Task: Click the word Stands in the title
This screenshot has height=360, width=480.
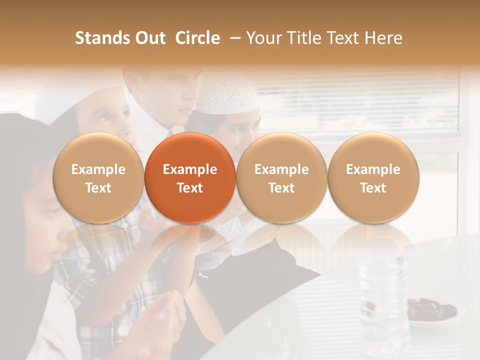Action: (99, 38)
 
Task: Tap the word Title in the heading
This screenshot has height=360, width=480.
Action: (301, 38)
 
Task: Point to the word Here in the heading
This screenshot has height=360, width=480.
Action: (383, 38)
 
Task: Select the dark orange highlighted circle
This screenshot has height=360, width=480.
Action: (190, 178)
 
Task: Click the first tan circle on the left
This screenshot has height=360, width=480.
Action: (98, 178)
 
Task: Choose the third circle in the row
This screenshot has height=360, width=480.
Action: (281, 178)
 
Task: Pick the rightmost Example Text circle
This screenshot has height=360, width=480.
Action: (373, 178)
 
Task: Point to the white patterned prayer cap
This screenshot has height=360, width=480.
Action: (227, 95)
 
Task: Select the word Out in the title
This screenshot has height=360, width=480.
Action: (149, 38)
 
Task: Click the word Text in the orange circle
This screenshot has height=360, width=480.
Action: (190, 188)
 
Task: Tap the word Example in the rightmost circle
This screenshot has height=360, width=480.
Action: (373, 169)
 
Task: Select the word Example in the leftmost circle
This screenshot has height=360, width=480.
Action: (98, 169)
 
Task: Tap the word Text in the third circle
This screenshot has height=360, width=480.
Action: (281, 188)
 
